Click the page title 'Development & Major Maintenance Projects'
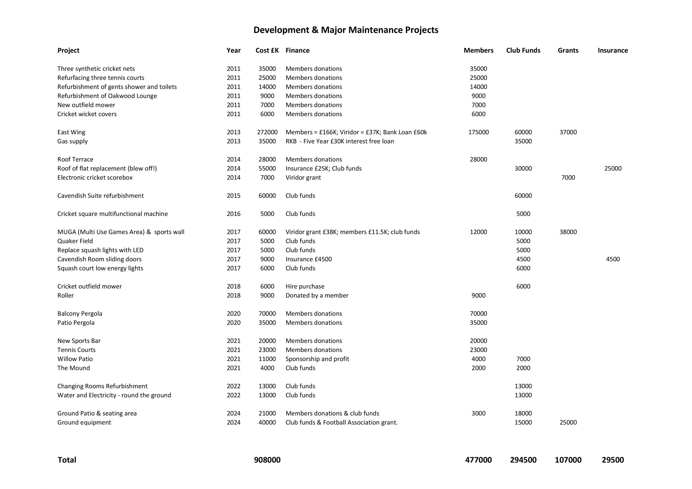click(346, 30)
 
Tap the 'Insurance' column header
click(613, 50)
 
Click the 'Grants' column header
click(568, 50)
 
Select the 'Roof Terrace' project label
click(75, 159)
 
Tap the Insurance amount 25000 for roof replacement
click(613, 168)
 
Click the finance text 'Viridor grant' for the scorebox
click(303, 177)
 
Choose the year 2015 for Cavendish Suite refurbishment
click(233, 196)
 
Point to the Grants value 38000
click(568, 232)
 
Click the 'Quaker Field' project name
click(75, 241)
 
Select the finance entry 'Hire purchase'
click(305, 286)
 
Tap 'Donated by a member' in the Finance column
click(317, 295)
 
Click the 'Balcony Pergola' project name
click(79, 313)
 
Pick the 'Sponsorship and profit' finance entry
click(317, 359)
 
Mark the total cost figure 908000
click(267, 460)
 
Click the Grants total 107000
click(568, 460)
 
